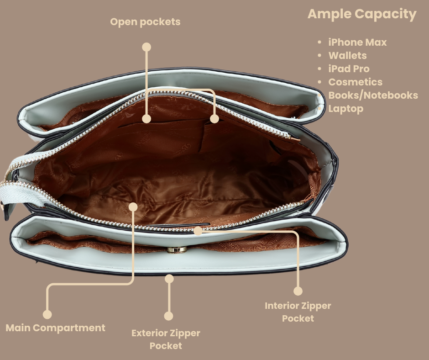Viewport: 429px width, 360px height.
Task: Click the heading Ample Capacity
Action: point(362,14)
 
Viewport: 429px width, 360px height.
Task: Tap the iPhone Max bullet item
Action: point(357,42)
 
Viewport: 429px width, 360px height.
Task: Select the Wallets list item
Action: point(347,56)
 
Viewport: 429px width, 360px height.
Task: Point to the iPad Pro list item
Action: point(349,69)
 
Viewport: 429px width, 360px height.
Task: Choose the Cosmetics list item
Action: point(355,82)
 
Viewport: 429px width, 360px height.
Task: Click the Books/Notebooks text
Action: point(373,95)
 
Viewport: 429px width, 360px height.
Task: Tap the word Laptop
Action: point(345,109)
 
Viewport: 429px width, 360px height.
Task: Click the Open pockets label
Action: point(145,22)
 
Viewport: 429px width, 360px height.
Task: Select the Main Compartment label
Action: point(55,328)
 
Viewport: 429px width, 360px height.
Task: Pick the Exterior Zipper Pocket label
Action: point(166,339)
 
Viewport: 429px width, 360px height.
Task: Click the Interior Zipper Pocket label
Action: point(298,312)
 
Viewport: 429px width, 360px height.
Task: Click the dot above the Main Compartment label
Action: point(47,314)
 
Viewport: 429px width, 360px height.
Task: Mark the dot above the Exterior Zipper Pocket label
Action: point(168,316)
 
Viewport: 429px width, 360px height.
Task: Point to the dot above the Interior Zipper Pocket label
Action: point(298,291)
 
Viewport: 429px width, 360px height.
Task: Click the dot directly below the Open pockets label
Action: point(146,47)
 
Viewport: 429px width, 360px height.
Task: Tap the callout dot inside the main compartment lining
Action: point(133,207)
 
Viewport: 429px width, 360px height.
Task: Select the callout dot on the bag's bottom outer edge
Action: point(169,277)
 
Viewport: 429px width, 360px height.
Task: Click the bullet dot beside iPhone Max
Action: point(320,42)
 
